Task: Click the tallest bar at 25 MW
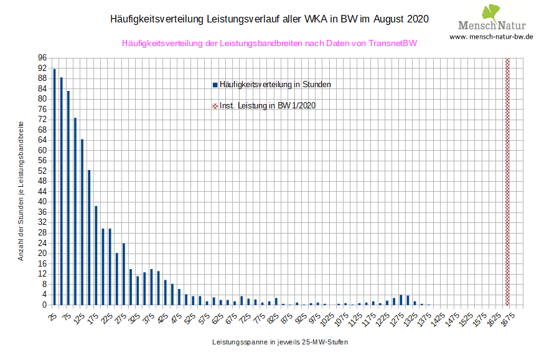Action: [54, 187]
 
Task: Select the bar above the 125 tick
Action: [82, 222]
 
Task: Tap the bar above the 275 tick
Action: [124, 274]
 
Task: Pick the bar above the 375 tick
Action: [151, 287]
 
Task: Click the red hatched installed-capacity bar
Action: [507, 181]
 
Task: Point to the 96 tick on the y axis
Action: [42, 57]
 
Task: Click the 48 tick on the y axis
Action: [42, 181]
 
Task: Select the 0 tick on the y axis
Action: [44, 305]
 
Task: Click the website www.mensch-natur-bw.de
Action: [491, 37]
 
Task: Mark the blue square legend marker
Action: [215, 84]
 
